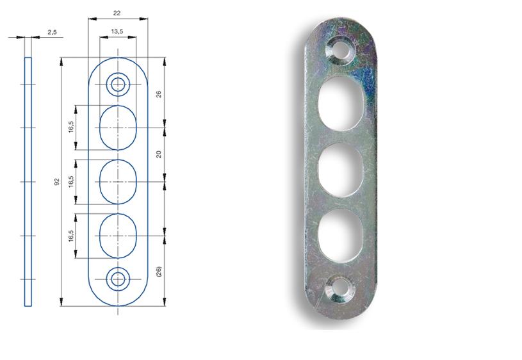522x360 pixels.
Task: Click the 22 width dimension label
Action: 117,13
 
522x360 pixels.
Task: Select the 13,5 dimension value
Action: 117,31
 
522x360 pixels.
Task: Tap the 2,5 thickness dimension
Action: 52,32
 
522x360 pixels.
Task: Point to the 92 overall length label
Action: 57,182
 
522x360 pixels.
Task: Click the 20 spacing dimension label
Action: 158,154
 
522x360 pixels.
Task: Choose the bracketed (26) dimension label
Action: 158,272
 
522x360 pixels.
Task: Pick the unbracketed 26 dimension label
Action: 158,94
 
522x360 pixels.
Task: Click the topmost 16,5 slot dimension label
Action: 71,127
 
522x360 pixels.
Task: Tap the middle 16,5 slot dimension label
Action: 71,181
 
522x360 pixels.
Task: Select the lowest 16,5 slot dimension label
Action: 71,236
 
